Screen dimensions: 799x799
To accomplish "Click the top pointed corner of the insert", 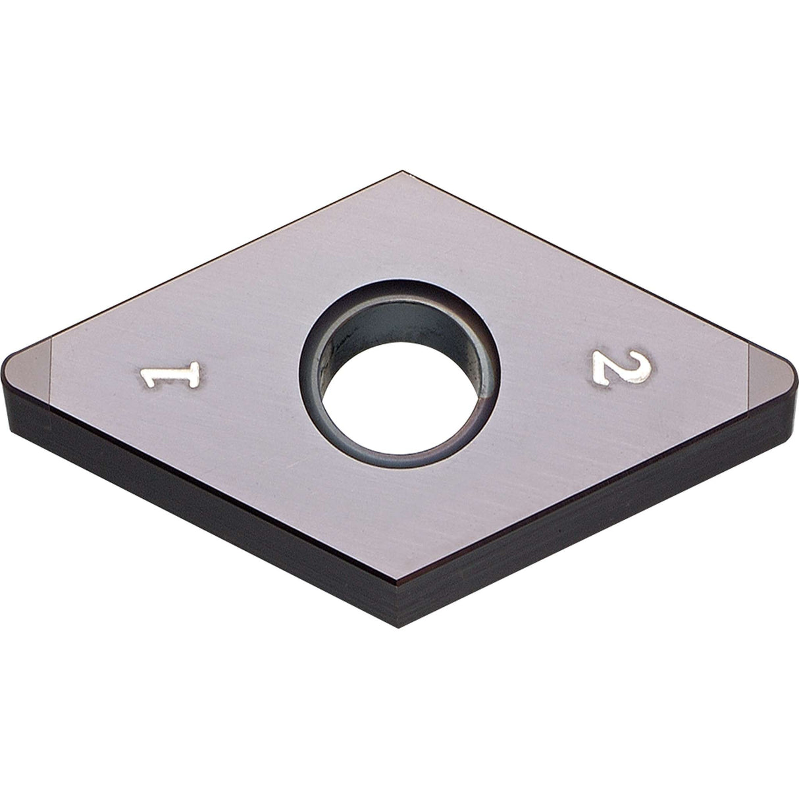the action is pyautogui.click(x=401, y=172).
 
